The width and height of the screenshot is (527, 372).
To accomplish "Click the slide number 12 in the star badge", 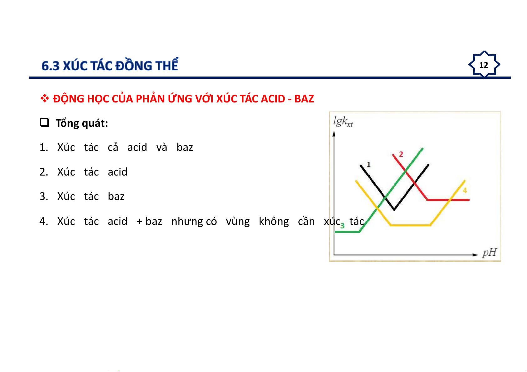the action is point(484,65).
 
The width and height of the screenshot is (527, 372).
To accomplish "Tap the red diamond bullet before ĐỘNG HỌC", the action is point(44,98).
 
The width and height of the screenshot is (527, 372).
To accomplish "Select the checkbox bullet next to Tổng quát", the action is point(44,122).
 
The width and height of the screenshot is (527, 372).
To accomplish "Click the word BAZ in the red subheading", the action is point(304,99).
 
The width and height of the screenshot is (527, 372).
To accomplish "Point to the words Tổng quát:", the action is point(82,123).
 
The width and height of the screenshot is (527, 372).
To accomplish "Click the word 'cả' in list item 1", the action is point(113,147).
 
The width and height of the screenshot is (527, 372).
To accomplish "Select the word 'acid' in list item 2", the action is point(118,172).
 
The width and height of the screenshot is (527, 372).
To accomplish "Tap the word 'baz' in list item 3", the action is point(116,196).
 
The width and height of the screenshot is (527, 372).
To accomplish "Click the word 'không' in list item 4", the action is point(274,221).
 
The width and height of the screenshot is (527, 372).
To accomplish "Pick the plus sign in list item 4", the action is point(139,221).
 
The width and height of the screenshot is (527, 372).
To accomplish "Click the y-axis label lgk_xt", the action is point(343,122).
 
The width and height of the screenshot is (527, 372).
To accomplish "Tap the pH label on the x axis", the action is point(489,253).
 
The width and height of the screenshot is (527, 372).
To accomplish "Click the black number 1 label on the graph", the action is point(369,165).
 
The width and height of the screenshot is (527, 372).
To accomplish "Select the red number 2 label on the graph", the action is point(401,154).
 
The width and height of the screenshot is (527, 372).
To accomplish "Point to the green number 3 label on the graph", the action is point(342,226).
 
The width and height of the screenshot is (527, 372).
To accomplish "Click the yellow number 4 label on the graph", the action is point(465,190).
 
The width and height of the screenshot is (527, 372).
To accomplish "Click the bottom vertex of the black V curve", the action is point(394,209).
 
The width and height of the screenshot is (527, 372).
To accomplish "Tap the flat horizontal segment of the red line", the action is point(448,200).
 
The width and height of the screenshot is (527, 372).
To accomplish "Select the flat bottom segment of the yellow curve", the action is point(411,225).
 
